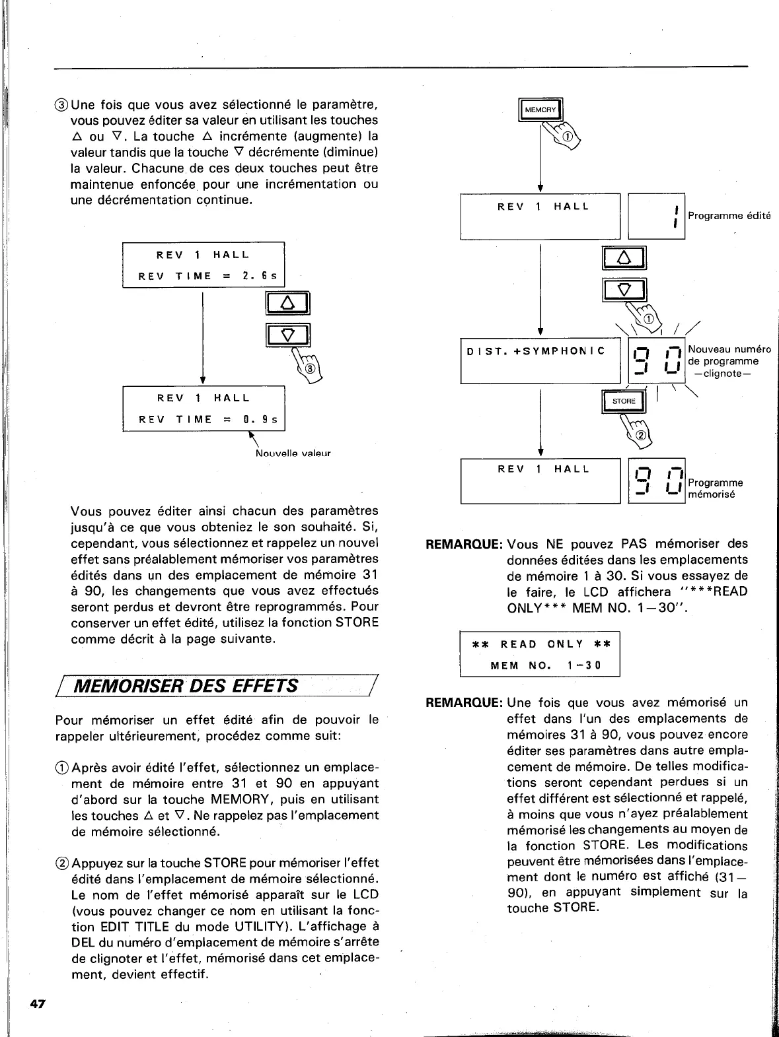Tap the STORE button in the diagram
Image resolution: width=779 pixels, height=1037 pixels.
623,401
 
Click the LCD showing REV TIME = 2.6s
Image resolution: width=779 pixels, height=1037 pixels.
204,265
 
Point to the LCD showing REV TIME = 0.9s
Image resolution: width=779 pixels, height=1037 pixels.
204,409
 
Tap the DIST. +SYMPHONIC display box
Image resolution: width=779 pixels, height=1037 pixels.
540,360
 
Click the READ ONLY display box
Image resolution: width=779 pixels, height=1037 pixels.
540,654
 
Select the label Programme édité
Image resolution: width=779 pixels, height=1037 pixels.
729,216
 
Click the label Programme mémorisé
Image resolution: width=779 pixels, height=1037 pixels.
715,488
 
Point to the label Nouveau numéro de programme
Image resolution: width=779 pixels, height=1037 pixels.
729,361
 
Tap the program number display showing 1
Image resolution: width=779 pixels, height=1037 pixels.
656,217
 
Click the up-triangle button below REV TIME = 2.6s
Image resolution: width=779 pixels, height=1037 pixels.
287,304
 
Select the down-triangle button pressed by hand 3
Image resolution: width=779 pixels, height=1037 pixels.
287,335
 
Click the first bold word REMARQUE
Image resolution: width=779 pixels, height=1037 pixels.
465,545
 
